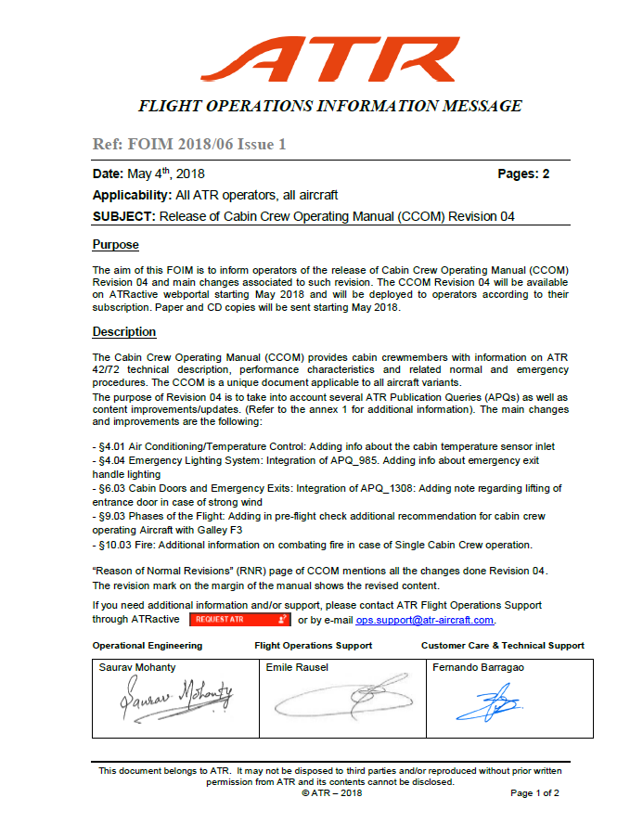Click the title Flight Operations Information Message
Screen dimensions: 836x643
tap(329, 106)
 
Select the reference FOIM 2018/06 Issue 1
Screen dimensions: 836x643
tap(189, 145)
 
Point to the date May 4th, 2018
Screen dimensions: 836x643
tap(148, 174)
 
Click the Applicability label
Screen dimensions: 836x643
tap(131, 195)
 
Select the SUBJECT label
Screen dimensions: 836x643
tap(124, 216)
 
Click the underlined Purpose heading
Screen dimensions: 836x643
tap(115, 245)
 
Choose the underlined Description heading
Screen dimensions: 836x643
tap(124, 331)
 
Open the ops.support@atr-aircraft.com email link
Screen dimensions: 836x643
tap(425, 620)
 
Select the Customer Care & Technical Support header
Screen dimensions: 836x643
tap(502, 645)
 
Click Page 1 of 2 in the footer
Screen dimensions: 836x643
tap(534, 793)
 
